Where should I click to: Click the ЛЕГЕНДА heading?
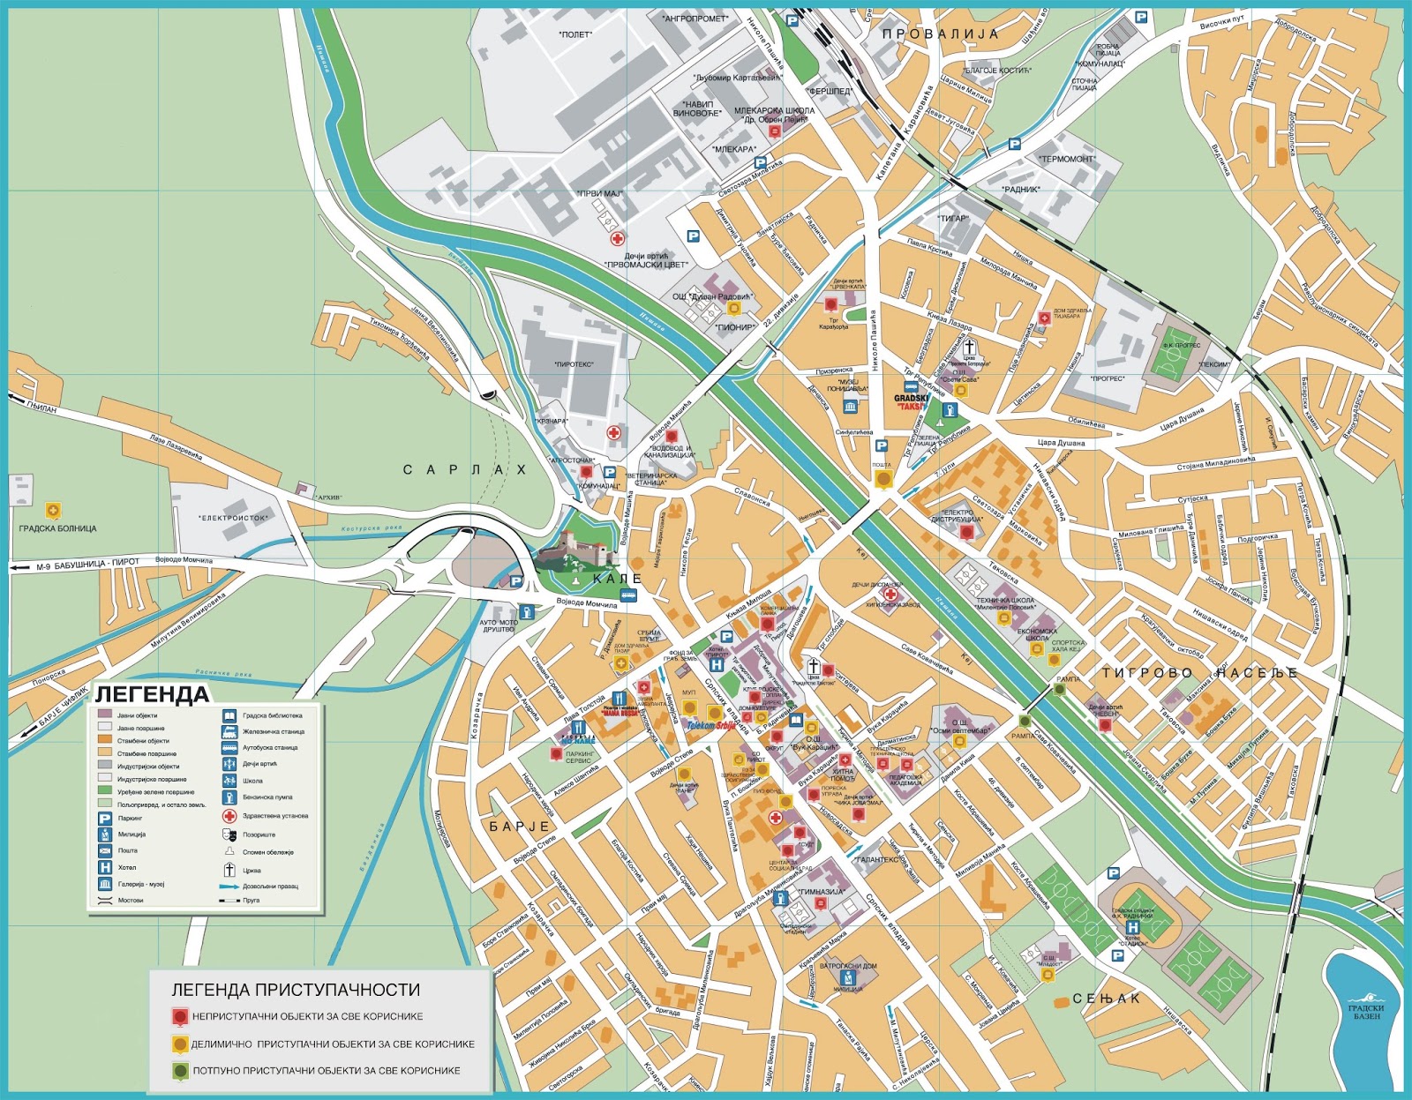click(152, 694)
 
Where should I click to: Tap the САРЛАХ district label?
click(464, 469)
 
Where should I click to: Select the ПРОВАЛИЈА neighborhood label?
click(940, 34)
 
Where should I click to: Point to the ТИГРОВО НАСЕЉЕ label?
click(1199, 673)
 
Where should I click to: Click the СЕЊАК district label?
click(1106, 999)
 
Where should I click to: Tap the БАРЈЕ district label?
click(520, 827)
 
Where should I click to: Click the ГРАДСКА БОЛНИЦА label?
click(57, 528)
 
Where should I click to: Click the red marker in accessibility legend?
click(180, 1016)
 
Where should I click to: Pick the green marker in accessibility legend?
click(180, 1070)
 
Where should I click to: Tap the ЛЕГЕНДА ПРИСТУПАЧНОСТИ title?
click(296, 990)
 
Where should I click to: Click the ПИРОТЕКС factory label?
click(574, 363)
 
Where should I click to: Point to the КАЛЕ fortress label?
click(617, 579)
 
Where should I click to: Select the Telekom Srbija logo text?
click(710, 726)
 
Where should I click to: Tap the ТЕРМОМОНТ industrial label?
click(1067, 160)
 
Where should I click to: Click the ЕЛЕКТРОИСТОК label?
click(233, 518)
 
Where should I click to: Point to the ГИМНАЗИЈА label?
click(821, 891)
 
